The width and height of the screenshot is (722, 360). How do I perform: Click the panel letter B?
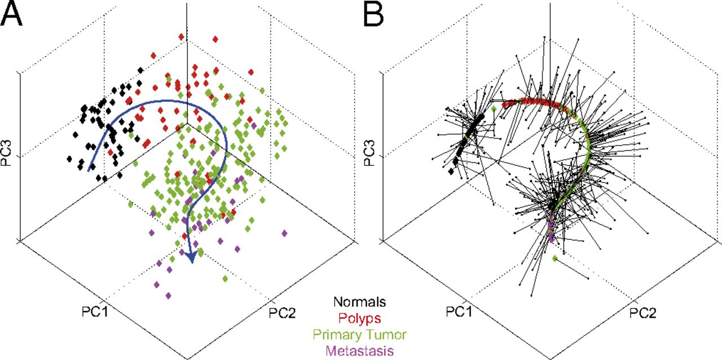[375, 15]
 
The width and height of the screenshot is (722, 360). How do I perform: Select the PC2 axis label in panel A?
[284, 311]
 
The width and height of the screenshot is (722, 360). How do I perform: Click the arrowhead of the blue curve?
[191, 258]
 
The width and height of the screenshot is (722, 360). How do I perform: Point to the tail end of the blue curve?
[89, 169]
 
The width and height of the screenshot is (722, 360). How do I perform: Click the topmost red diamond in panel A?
[182, 37]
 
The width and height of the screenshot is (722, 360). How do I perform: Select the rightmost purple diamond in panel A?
[284, 233]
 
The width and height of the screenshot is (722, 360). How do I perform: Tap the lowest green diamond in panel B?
[556, 258]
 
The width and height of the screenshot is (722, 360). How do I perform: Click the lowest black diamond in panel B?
[451, 171]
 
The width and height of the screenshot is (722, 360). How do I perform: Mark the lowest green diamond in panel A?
[226, 279]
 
